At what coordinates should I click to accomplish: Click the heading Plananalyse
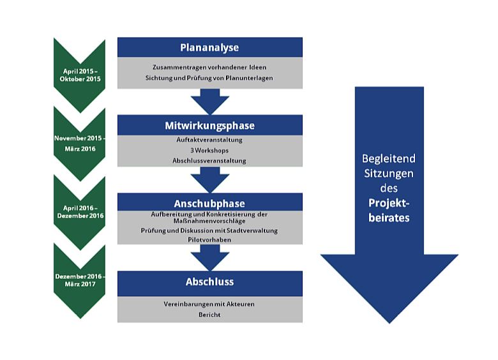209,47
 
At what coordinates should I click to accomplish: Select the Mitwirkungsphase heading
209,126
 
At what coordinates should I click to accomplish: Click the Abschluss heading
209,281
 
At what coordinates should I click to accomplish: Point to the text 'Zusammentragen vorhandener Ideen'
209,67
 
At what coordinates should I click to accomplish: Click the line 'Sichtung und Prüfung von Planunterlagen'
209,78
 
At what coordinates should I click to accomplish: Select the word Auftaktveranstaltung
209,140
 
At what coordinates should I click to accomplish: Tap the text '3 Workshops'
209,150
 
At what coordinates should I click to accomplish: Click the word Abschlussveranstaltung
209,160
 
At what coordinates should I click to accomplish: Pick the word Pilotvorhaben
209,239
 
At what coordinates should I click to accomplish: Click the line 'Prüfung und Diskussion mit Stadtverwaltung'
209,230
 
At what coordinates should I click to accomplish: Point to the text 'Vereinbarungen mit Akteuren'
209,304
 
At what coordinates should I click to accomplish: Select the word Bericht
209,314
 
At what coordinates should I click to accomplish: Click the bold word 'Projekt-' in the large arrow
389,203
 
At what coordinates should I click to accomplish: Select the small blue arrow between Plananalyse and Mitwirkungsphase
209,101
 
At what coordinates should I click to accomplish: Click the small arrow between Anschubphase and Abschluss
209,257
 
